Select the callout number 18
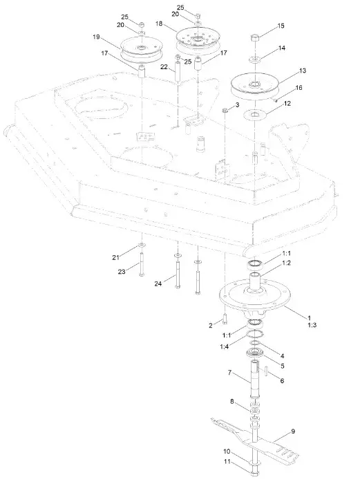click(x=160, y=24)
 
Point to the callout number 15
click(x=281, y=26)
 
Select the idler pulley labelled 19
click(x=142, y=48)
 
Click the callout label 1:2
click(x=286, y=263)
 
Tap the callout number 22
click(x=164, y=66)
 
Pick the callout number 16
click(x=299, y=88)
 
